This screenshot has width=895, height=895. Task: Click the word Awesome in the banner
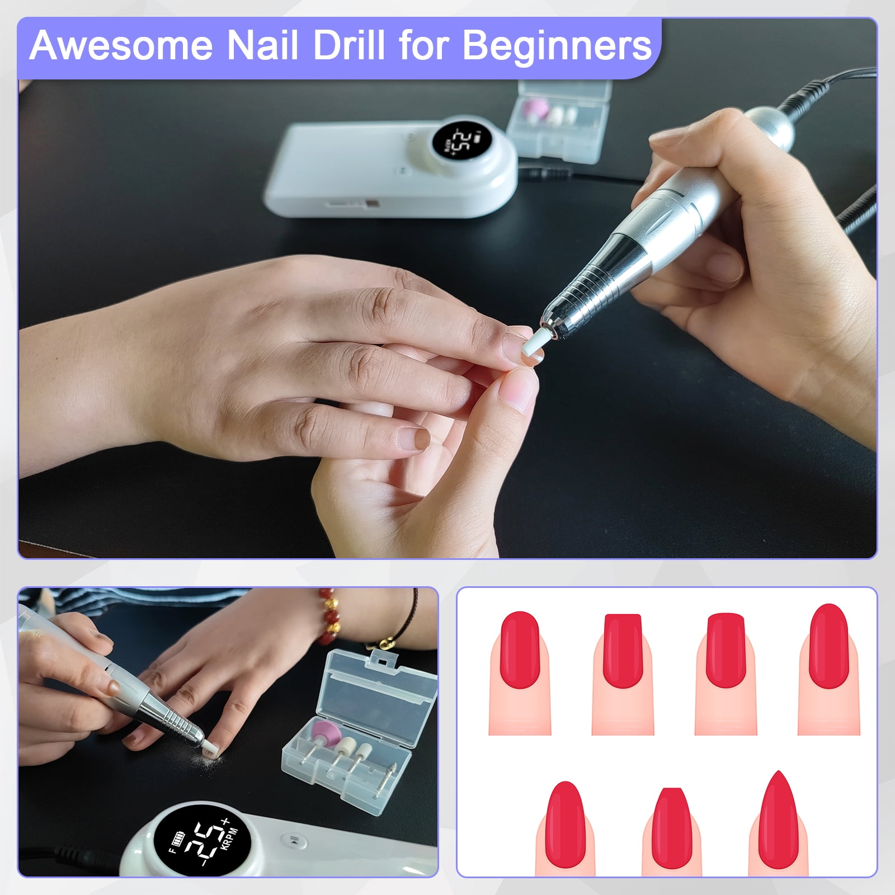pyautogui.click(x=122, y=46)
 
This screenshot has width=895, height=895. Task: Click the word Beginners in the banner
pyautogui.click(x=558, y=47)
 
